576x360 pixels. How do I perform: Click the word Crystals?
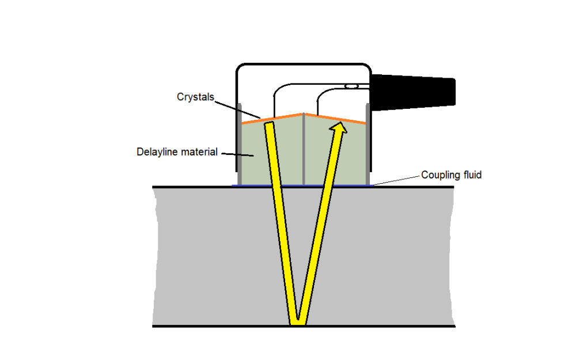(195, 97)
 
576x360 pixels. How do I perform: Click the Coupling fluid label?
(451, 175)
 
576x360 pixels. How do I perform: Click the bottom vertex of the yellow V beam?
(298, 323)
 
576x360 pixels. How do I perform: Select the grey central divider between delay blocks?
(304, 150)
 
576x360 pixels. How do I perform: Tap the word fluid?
(470, 175)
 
